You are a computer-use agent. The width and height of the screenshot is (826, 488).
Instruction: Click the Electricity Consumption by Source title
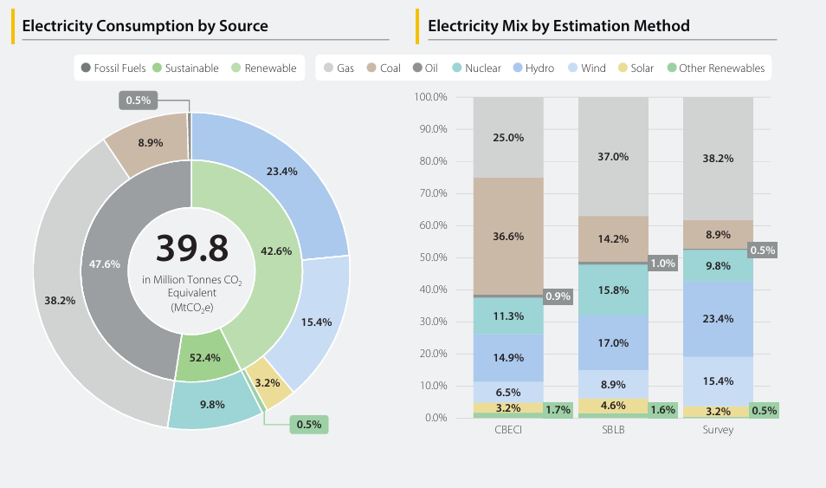coord(145,26)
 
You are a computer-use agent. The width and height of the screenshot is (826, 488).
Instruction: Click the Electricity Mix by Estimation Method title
coord(558,26)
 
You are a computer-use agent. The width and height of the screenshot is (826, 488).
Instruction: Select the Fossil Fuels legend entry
coord(113,68)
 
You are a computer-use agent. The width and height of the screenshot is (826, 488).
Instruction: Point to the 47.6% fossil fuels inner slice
coord(105,264)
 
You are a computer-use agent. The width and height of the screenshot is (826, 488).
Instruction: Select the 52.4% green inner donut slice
coord(205,356)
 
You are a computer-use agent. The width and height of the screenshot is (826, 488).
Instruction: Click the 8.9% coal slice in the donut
coord(150,142)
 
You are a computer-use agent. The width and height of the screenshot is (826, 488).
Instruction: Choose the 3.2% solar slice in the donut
coord(268,381)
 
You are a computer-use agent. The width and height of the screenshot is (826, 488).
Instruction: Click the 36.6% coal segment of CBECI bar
coord(508,236)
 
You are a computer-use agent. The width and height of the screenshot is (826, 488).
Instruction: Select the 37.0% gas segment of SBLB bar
coord(613,157)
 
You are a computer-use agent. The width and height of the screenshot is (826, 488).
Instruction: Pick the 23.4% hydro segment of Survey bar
coord(718,318)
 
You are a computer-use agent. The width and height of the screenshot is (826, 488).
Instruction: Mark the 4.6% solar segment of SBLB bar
coord(613,405)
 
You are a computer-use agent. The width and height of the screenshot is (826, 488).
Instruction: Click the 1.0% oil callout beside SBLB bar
coord(662,264)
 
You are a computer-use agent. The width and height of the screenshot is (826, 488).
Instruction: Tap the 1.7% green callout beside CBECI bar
coord(558,409)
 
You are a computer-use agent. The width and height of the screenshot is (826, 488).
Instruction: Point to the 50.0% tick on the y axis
coord(431,257)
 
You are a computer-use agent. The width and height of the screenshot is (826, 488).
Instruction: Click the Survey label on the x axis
coord(718,430)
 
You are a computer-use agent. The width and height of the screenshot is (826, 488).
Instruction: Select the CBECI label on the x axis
coord(508,430)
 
